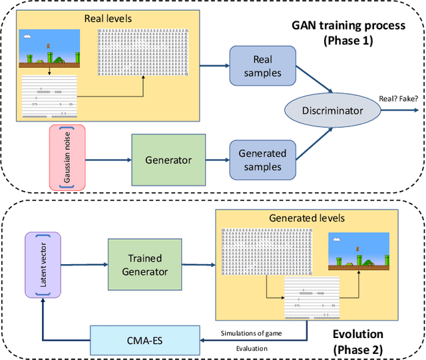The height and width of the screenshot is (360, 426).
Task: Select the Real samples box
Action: click(x=256, y=65)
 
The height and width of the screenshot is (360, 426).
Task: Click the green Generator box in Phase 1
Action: click(x=168, y=160)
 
